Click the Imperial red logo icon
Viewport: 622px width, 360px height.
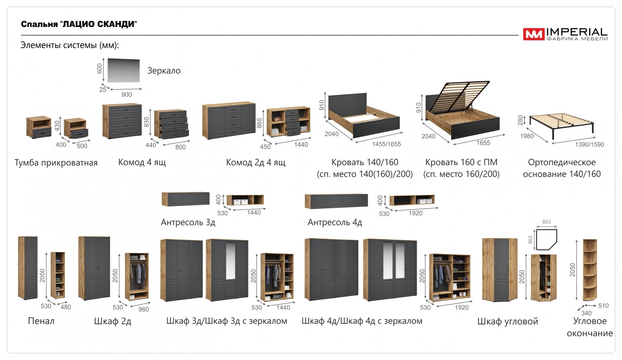tap(534, 34)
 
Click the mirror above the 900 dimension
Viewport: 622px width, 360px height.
tap(124, 70)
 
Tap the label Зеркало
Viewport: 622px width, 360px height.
tap(164, 70)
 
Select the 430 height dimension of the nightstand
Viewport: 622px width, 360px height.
tap(57, 125)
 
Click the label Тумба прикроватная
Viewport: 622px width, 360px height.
tap(56, 163)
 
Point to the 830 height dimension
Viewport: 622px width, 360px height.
tap(147, 122)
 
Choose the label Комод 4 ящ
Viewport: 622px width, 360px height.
tap(142, 162)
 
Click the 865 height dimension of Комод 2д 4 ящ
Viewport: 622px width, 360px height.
tap(260, 123)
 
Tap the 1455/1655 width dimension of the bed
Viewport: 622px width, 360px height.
tap(386, 144)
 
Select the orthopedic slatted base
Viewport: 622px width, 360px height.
tap(561, 123)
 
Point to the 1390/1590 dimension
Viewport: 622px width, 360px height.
tap(590, 144)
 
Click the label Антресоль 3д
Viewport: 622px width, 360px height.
tap(188, 222)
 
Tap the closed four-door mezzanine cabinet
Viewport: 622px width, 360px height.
tap(336, 201)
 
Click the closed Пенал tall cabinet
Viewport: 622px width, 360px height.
tap(28, 268)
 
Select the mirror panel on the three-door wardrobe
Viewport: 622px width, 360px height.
tap(230, 260)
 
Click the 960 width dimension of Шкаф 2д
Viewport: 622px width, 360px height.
tap(143, 310)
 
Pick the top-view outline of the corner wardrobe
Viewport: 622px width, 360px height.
tap(546, 239)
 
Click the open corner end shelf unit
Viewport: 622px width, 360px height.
tap(590, 269)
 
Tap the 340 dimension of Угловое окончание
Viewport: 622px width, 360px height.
tap(586, 313)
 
